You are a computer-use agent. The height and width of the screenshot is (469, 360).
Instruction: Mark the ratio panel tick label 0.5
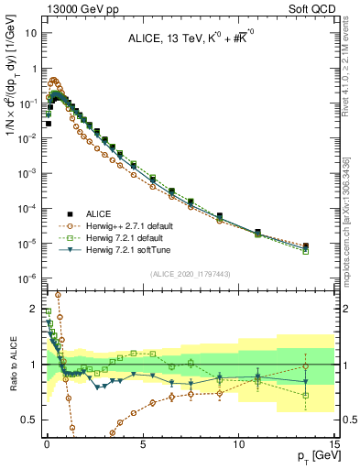tap(29, 419)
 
